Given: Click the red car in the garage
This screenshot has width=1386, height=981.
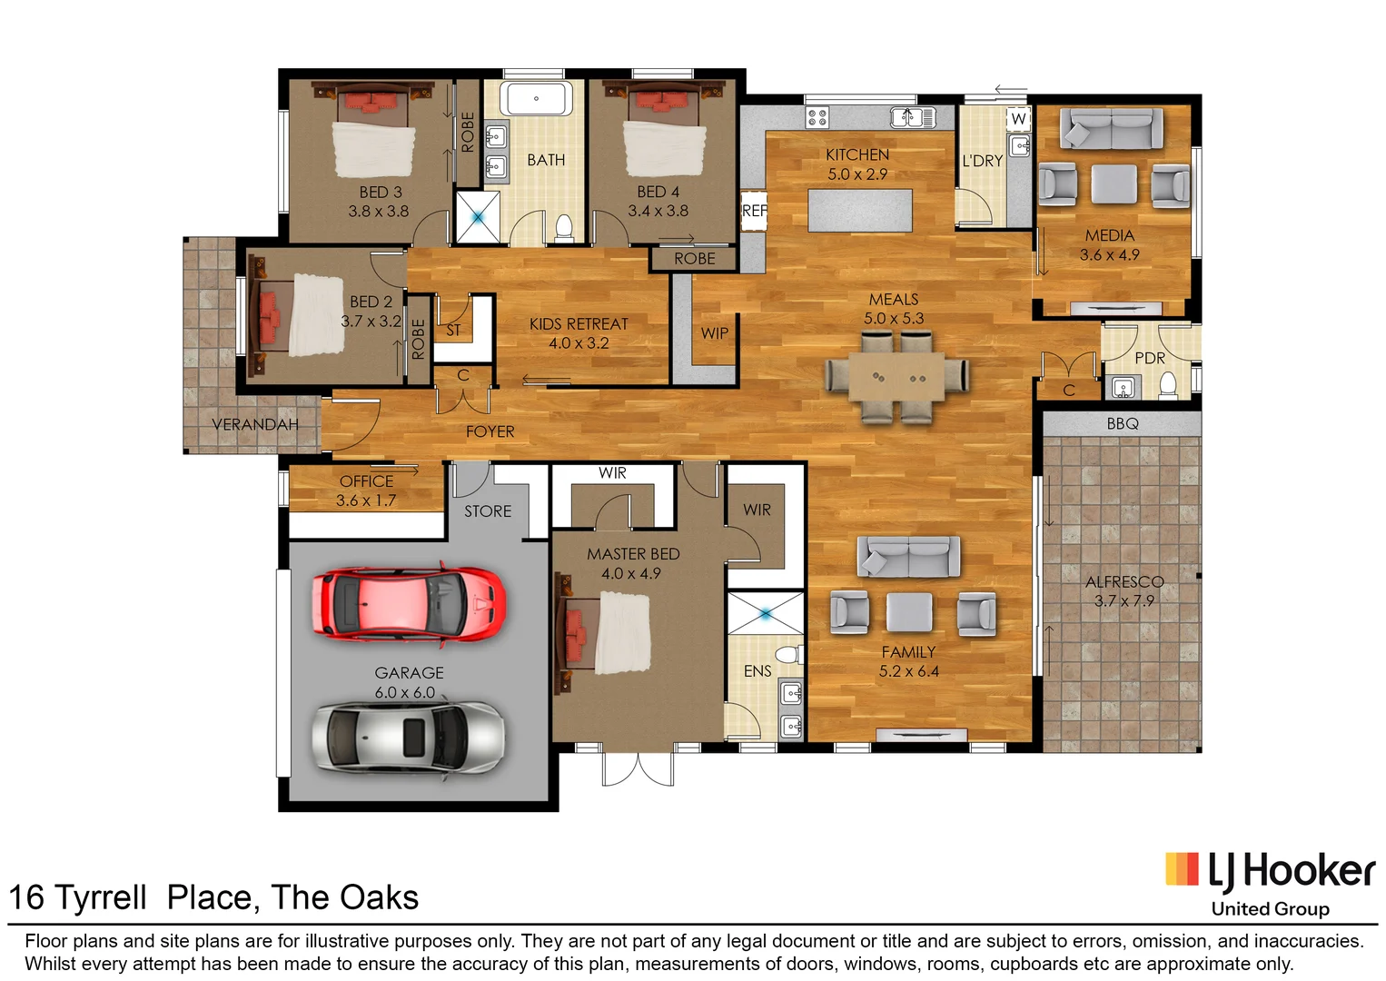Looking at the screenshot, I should click(408, 604).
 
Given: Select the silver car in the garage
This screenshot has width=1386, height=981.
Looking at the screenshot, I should click(408, 737).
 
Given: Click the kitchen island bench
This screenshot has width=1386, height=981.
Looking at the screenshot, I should click(859, 210).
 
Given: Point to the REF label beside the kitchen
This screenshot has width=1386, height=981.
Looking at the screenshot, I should click(754, 211).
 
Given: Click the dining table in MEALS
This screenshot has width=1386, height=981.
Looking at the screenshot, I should click(896, 377).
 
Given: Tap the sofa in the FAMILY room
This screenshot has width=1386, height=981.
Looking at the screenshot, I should click(908, 555).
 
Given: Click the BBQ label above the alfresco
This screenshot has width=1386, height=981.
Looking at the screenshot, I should click(1123, 423).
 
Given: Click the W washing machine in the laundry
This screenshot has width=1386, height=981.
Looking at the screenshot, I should click(1019, 119).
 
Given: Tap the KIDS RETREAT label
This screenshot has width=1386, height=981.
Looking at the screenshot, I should click(579, 324).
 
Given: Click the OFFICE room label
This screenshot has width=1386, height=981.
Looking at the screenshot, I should click(366, 481).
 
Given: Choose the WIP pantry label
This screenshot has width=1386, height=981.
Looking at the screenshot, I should click(714, 333).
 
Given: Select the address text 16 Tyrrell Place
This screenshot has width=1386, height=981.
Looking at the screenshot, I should click(213, 897).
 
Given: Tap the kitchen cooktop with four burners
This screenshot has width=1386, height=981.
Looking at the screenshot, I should click(817, 116).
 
